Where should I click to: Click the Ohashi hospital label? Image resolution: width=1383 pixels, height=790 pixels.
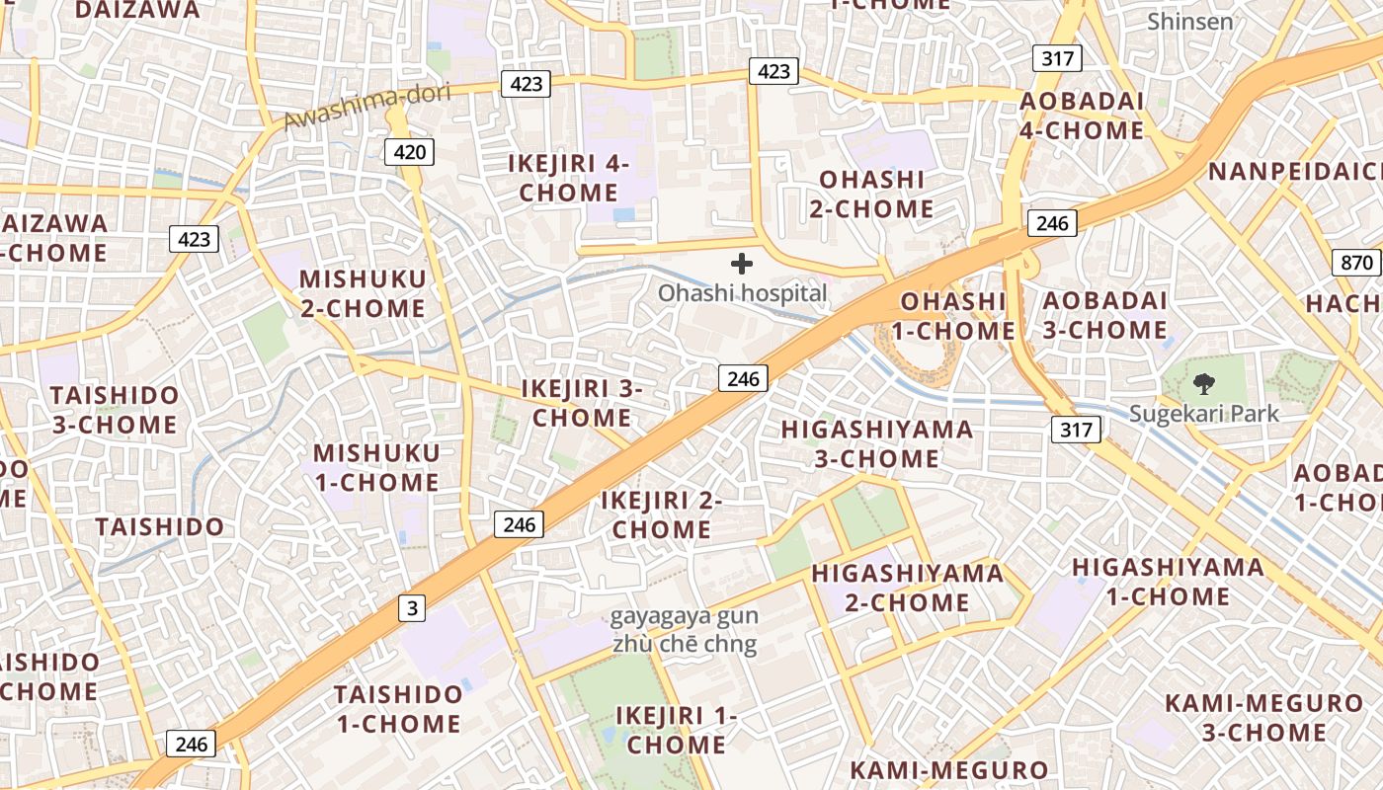tap(742, 293)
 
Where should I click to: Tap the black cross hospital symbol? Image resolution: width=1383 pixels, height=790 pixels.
tap(742, 264)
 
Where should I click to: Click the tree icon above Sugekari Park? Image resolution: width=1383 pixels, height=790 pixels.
tap(1204, 384)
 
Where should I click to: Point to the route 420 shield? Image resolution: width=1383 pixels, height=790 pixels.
tap(409, 151)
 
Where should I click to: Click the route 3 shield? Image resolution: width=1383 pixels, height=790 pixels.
tap(412, 608)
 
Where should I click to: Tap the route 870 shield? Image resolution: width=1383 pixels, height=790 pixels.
tap(1357, 263)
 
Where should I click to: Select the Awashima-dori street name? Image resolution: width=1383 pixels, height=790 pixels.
tap(366, 107)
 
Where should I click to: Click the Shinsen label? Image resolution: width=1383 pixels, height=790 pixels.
tap(1190, 21)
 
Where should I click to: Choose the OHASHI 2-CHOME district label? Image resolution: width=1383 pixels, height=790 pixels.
tap(871, 194)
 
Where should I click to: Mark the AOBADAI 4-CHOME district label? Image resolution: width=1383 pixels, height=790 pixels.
tap(1082, 116)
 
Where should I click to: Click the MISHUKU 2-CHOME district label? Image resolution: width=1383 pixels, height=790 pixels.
tap(363, 293)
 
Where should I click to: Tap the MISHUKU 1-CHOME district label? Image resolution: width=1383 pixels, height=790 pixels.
tap(375, 467)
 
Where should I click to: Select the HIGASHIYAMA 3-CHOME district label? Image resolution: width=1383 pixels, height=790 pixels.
tap(876, 443)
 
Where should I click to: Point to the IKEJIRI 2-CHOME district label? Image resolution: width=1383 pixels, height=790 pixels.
tap(662, 514)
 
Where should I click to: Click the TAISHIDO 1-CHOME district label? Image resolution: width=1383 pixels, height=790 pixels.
tap(398, 708)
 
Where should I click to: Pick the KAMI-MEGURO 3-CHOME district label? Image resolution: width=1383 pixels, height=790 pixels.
tap(1263, 718)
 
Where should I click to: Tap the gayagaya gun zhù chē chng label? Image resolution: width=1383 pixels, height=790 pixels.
tap(684, 631)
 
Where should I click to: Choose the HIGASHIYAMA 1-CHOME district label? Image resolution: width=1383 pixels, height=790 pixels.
tap(1168, 582)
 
